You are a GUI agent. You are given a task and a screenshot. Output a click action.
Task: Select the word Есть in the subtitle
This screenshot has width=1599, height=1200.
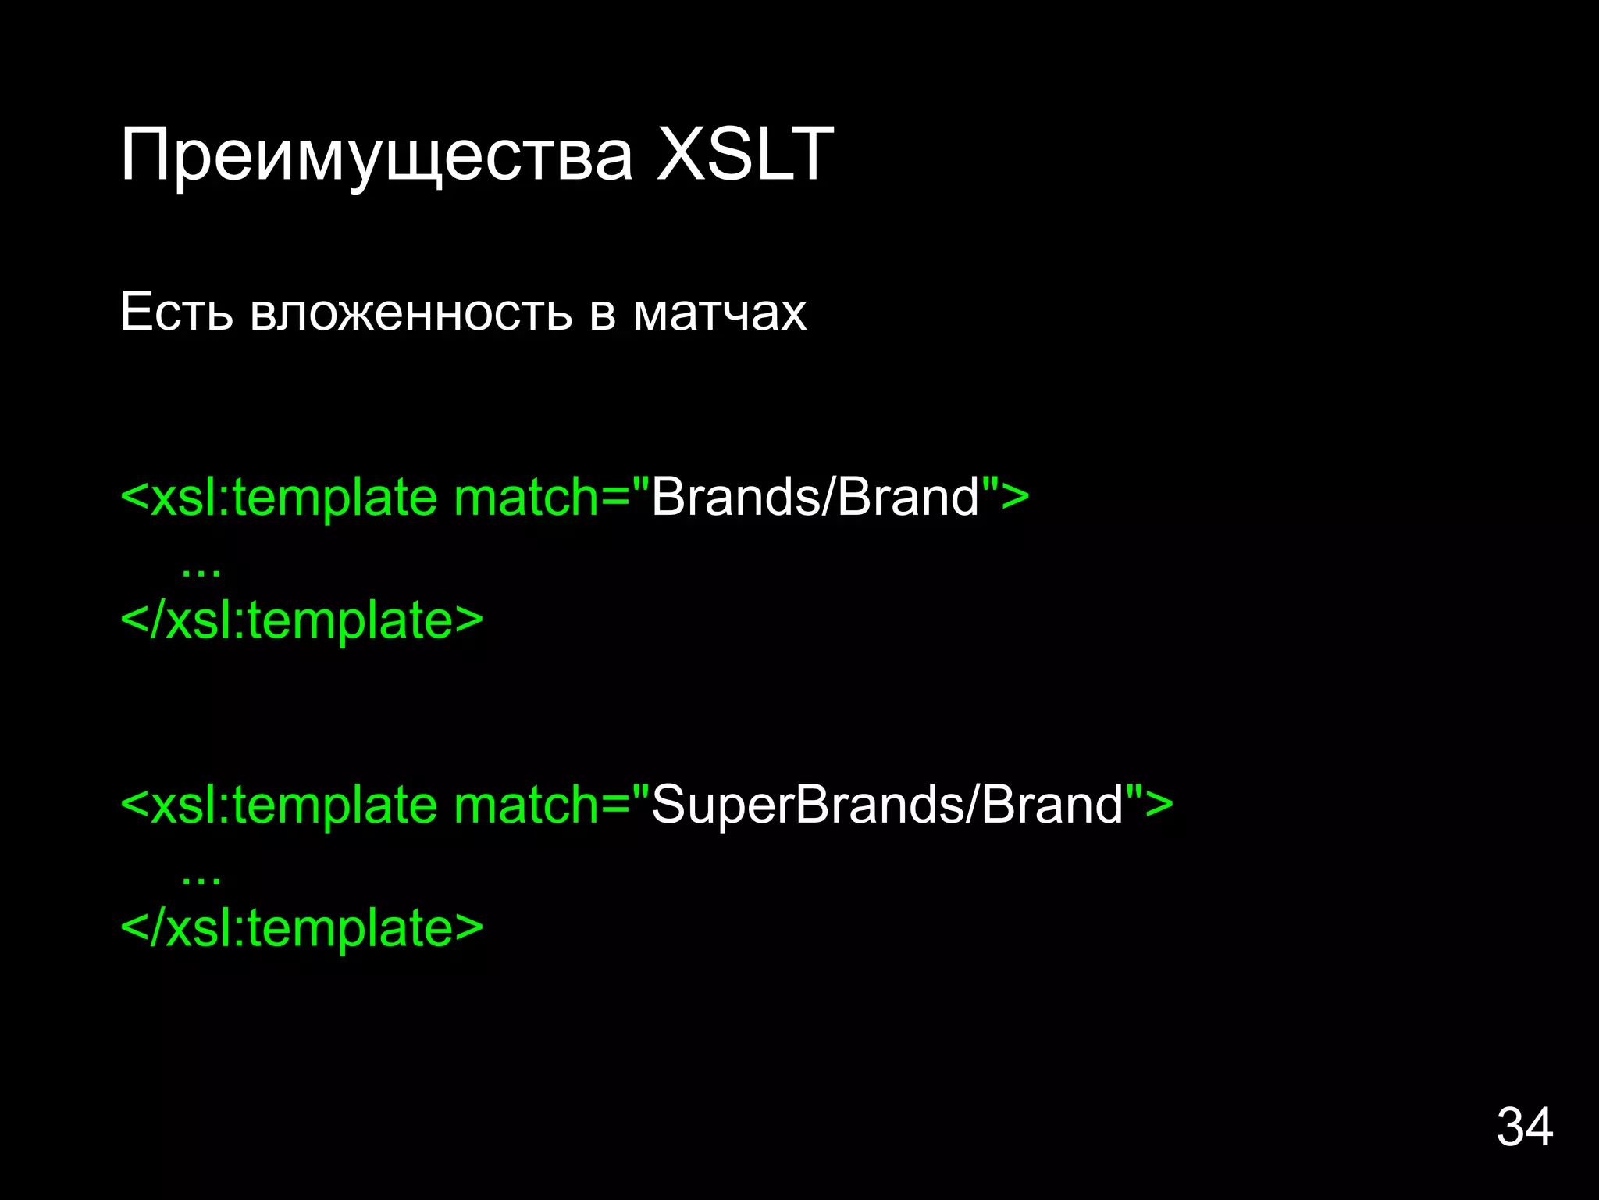176,312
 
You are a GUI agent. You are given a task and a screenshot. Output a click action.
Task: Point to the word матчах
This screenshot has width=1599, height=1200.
719,313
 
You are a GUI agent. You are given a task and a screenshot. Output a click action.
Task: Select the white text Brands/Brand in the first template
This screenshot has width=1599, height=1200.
814,497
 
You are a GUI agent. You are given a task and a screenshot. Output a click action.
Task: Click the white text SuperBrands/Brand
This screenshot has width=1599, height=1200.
887,805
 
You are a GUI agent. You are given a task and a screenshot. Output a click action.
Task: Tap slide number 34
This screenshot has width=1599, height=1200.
1524,1127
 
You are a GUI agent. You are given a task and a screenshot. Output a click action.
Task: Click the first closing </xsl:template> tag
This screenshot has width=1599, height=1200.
302,620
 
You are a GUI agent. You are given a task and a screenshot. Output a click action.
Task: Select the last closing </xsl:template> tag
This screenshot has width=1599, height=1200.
302,928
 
